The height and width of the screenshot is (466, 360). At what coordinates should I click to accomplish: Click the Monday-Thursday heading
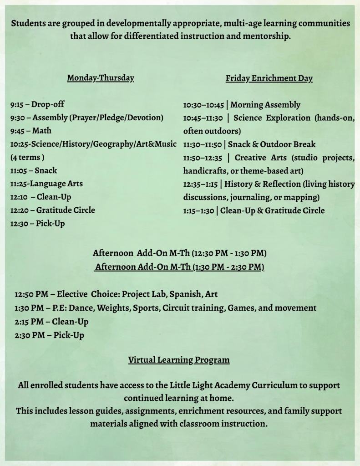pos(101,78)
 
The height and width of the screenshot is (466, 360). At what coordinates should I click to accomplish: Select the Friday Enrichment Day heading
pos(269,78)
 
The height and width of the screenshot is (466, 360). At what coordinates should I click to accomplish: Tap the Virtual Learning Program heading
pos(179,360)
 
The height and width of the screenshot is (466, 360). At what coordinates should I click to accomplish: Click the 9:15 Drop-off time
pos(18,104)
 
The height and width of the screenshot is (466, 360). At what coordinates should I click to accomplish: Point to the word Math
pos(42,131)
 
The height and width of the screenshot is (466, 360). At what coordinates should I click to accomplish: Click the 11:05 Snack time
pos(20,171)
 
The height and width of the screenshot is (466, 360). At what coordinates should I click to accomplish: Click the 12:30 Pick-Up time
pos(20,224)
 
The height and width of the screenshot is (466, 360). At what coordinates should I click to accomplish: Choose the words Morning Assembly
pos(265,105)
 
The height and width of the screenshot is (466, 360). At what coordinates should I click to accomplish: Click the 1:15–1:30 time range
pos(200,210)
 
